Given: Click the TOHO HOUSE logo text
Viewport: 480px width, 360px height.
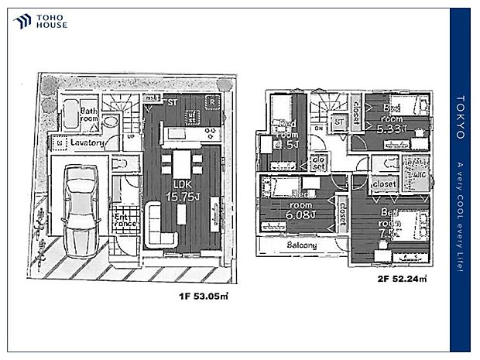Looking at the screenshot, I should [51, 21].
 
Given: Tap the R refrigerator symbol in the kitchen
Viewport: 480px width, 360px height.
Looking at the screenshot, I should [211, 102].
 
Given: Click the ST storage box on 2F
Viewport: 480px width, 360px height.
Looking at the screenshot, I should [338, 122].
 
